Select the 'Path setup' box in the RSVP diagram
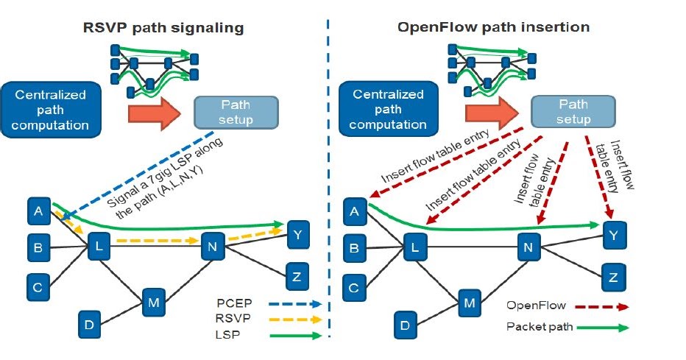pyautogui.click(x=236, y=112)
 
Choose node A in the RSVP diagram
pyautogui.click(x=38, y=211)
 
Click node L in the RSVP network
pyautogui.click(x=98, y=247)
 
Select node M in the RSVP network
pyautogui.click(x=153, y=300)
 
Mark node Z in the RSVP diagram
pyautogui.click(x=297, y=276)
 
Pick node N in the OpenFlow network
pyautogui.click(x=528, y=247)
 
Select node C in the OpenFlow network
pyautogui.click(x=354, y=285)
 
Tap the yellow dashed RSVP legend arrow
pyautogui.click(x=294, y=320)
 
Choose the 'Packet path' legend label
pyautogui.click(x=537, y=326)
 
